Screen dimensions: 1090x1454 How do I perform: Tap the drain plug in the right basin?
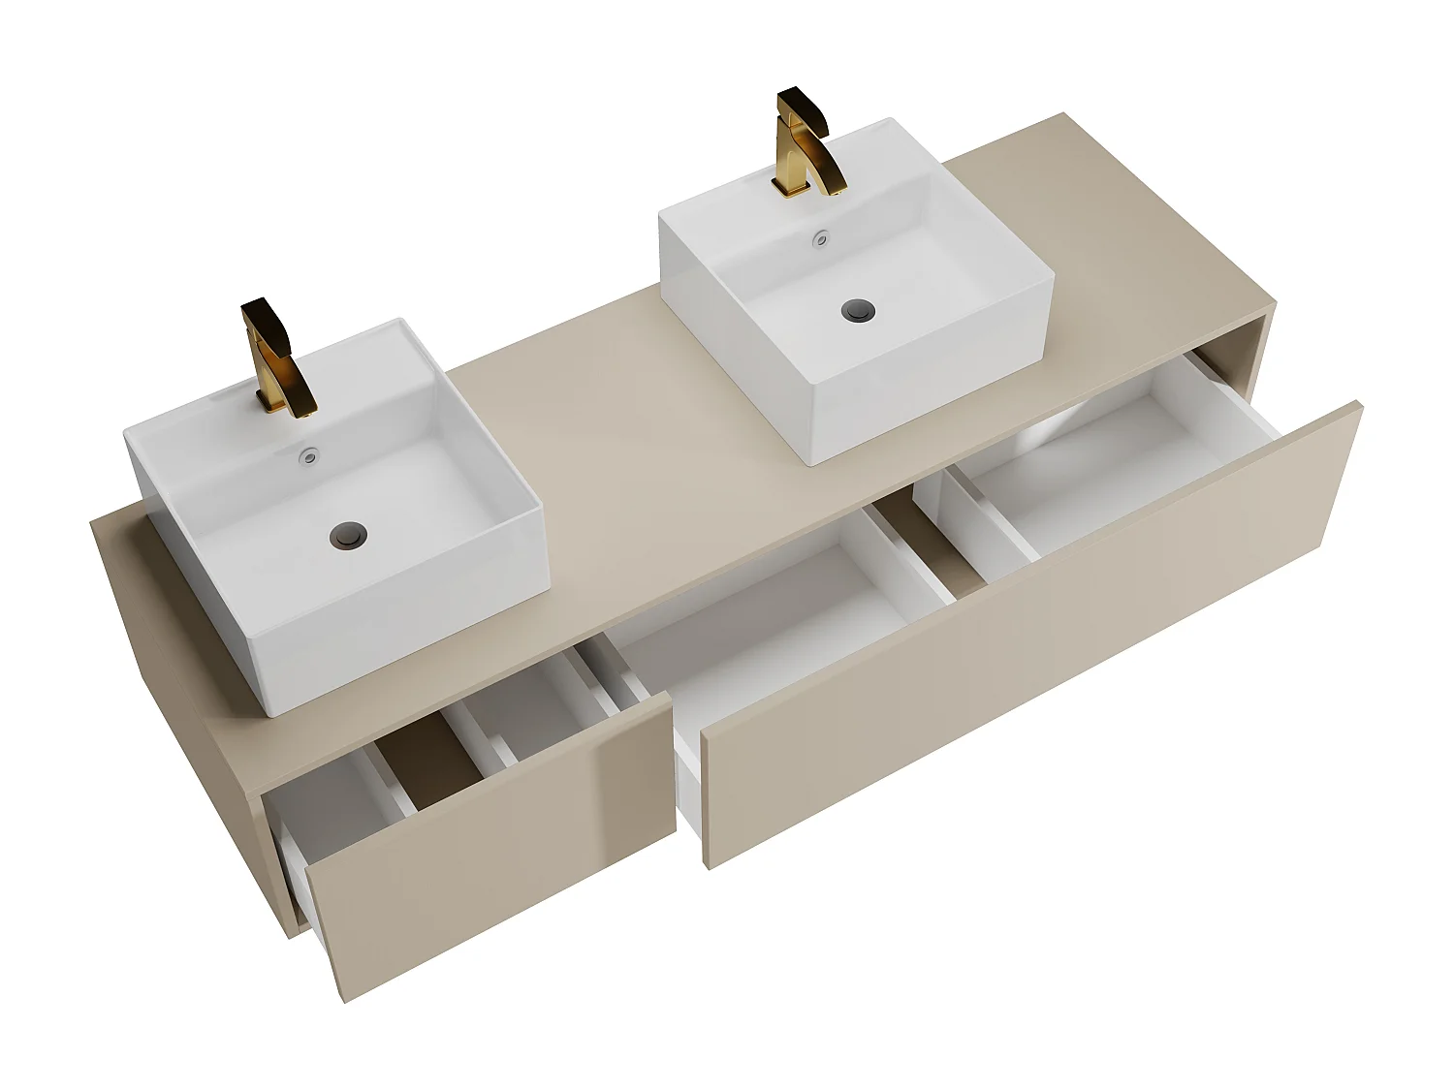pyautogui.click(x=858, y=311)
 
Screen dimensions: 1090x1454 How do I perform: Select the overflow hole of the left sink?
pyautogui.click(x=309, y=452)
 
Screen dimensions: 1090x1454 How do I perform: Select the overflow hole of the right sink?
pyautogui.click(x=822, y=235)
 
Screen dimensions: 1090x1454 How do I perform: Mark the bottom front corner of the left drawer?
pyautogui.click(x=345, y=998)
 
